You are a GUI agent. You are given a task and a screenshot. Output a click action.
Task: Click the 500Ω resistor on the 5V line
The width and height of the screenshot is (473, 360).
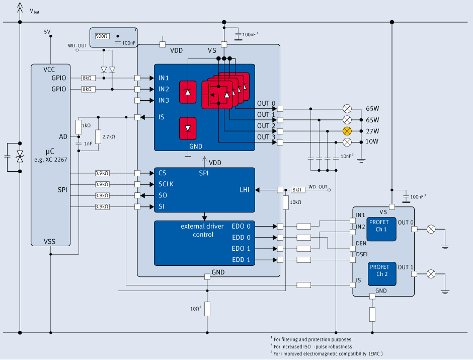(102, 36)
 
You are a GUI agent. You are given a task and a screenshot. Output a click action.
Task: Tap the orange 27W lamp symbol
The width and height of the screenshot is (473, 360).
(347, 131)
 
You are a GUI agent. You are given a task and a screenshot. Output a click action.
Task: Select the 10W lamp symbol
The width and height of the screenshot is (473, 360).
(347, 142)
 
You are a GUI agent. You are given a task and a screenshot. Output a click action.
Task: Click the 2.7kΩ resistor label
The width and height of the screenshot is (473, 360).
(109, 136)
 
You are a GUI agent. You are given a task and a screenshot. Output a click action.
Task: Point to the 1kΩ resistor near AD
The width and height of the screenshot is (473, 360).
(78, 127)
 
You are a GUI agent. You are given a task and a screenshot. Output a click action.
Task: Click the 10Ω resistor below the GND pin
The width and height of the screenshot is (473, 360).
(207, 309)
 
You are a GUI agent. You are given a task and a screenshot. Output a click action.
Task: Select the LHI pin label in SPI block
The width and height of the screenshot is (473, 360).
(245, 190)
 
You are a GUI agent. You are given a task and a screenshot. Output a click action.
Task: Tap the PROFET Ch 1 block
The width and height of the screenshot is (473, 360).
(381, 229)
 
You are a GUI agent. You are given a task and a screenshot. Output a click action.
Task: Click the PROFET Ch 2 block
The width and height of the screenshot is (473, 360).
(382, 274)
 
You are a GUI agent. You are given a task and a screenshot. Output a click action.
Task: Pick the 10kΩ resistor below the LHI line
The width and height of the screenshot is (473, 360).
(286, 202)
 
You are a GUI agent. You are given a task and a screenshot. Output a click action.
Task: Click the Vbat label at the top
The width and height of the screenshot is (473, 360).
(34, 11)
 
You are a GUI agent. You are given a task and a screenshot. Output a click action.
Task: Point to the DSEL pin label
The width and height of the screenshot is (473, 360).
(362, 254)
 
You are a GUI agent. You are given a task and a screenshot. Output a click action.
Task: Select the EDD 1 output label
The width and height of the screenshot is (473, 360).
(241, 260)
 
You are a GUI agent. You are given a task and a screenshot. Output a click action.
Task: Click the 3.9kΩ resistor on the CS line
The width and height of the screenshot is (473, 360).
(102, 173)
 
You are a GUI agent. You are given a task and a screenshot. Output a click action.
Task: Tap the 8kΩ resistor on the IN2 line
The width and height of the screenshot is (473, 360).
(89, 89)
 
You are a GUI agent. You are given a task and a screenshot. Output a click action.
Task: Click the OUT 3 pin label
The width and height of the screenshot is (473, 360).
(266, 137)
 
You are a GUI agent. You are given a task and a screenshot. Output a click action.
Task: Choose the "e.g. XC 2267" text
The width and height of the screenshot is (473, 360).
(51, 160)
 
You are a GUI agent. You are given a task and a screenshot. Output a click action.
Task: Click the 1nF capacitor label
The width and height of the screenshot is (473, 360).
(88, 143)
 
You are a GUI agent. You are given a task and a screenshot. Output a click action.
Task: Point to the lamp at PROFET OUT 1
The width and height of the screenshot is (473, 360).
(431, 274)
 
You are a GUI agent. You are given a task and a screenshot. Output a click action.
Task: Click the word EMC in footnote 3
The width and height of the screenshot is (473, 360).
(375, 353)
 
